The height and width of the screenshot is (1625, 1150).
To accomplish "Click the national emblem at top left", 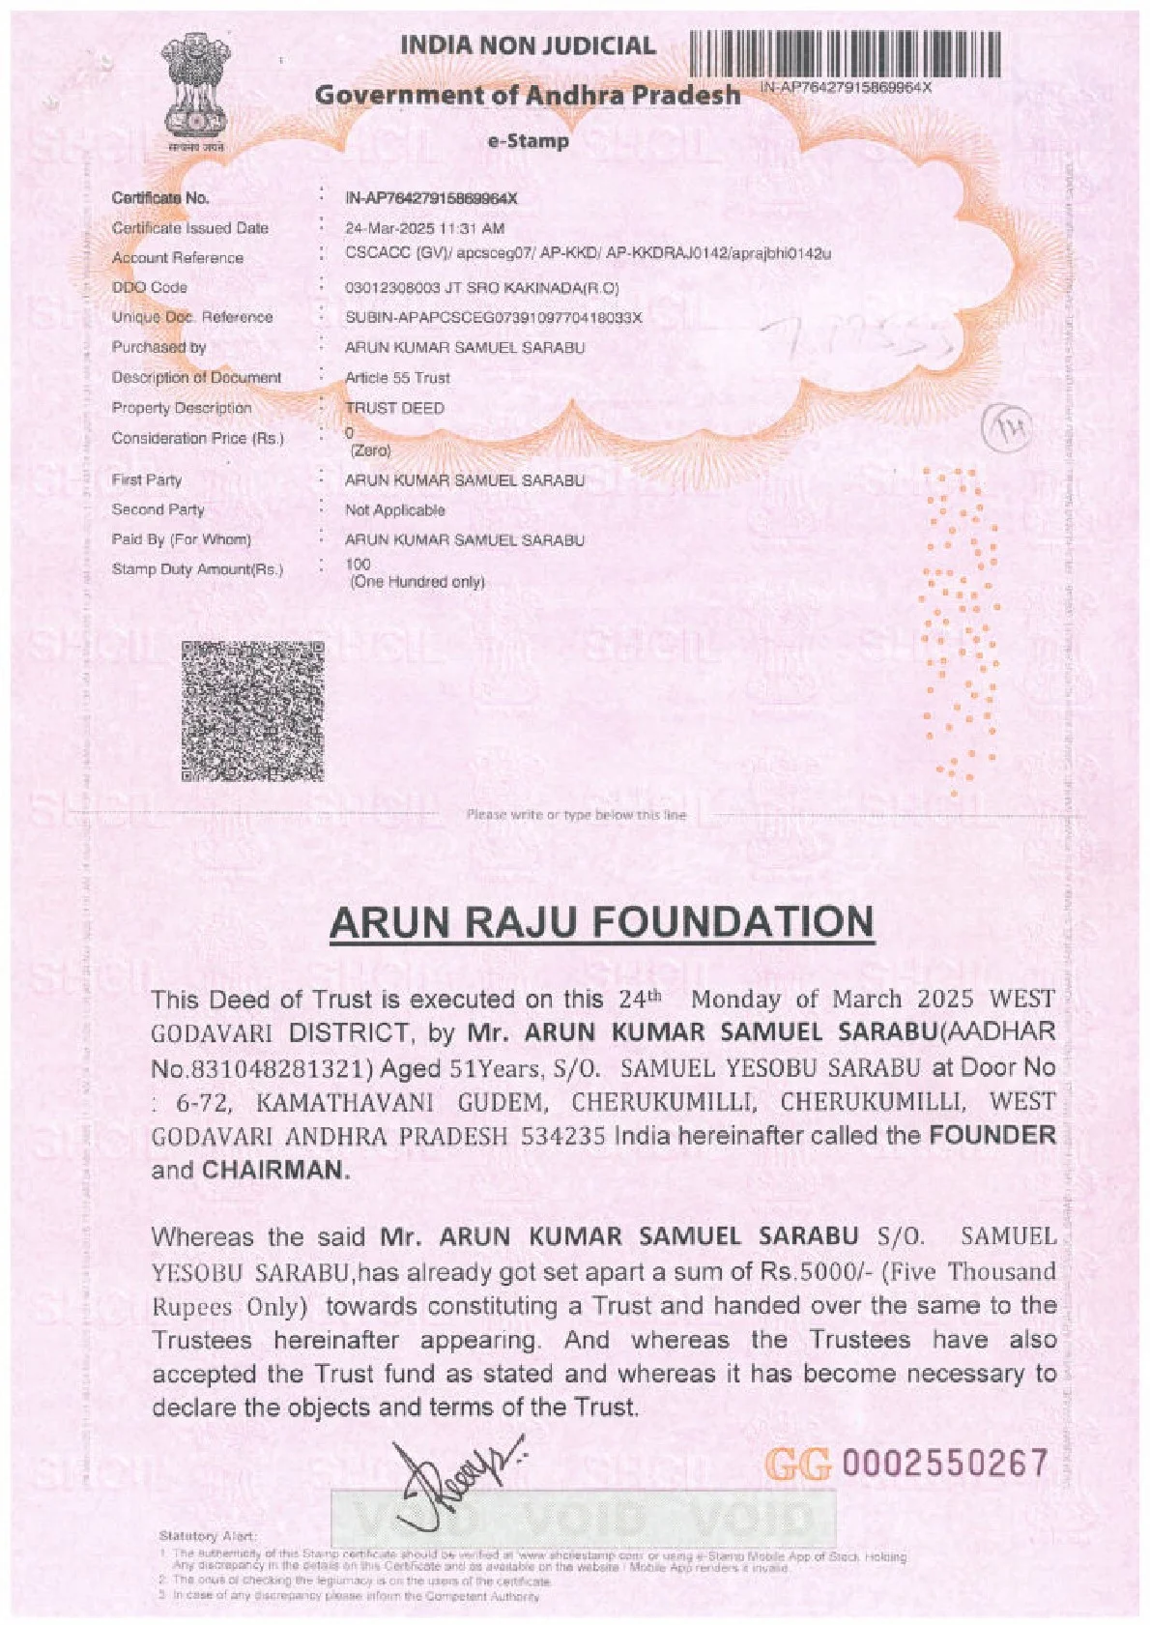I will point(192,91).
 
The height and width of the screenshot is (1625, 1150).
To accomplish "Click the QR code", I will point(252,711).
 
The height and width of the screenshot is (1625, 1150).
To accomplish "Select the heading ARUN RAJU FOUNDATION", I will point(601,922).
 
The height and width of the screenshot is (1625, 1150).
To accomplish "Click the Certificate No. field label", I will point(160,198).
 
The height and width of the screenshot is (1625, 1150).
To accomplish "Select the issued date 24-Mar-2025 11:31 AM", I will point(424,229).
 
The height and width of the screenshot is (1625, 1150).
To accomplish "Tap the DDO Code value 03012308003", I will point(387,288).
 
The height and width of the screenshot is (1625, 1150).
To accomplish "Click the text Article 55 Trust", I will point(397,378).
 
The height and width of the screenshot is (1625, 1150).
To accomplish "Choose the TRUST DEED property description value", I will point(394,408).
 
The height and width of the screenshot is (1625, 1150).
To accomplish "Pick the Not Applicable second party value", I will point(394,510).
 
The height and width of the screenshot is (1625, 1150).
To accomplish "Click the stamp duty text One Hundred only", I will point(417,582).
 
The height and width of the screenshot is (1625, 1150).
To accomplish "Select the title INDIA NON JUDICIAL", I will point(528,45).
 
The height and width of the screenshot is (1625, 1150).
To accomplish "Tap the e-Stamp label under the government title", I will point(528,141).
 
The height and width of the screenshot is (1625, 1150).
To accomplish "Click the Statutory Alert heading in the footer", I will point(207,1536).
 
